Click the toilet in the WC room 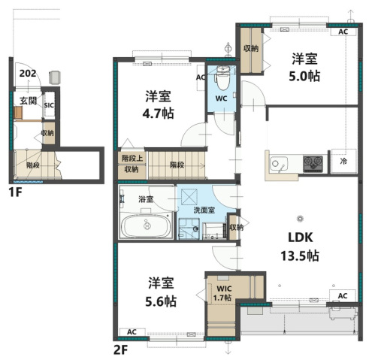click(x=222, y=77)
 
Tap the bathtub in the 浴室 click(x=146, y=225)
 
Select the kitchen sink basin click(x=278, y=164)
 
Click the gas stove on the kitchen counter click(x=313, y=164)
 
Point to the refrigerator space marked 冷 click(x=343, y=162)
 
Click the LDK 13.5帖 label click(x=300, y=247)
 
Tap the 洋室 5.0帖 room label click(x=304, y=67)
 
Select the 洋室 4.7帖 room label click(x=158, y=104)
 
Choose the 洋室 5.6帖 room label click(x=161, y=292)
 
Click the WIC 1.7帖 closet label click(x=222, y=293)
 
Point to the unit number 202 click(x=28, y=74)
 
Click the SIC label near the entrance click(x=49, y=105)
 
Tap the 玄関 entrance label click(x=28, y=101)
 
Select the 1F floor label click(x=15, y=192)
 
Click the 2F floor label click(x=121, y=350)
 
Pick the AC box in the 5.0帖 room click(x=343, y=32)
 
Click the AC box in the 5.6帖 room click(x=132, y=332)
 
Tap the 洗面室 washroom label click(x=204, y=210)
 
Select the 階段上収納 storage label click(x=132, y=164)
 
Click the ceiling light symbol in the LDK click(x=300, y=219)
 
